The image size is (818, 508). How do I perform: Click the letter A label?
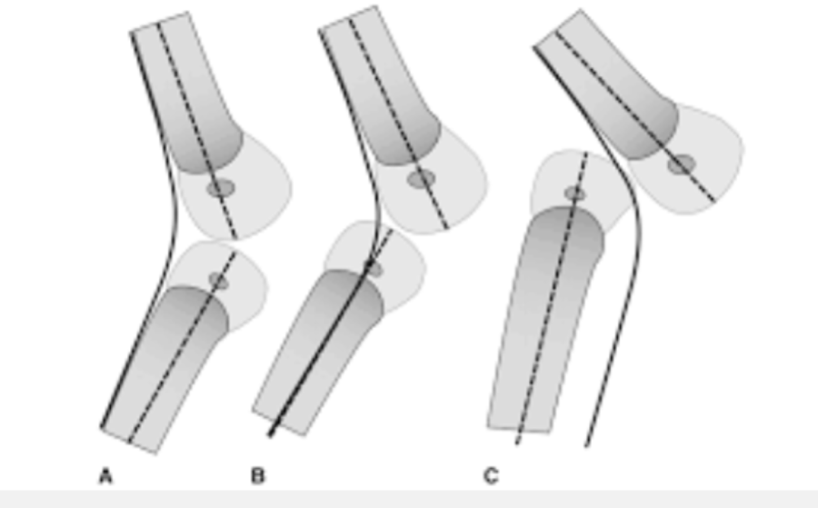(x=105, y=475)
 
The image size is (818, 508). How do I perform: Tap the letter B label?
(x=257, y=475)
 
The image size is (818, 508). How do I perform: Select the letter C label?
(x=491, y=475)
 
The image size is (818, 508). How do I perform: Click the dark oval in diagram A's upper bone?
(x=220, y=188)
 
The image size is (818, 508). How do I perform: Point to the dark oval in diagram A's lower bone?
(x=218, y=281)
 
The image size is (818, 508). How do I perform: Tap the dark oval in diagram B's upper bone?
(x=421, y=179)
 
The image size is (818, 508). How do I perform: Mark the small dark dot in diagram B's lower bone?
(x=370, y=266)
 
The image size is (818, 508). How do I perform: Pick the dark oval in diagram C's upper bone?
(x=681, y=164)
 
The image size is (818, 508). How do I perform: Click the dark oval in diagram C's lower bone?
(x=574, y=194)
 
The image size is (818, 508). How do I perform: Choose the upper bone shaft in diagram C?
(x=609, y=82)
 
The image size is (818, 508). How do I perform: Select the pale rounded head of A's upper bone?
(x=259, y=195)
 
